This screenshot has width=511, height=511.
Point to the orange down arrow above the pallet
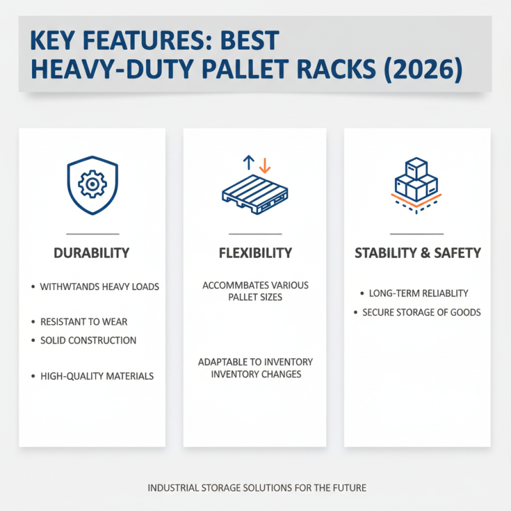(x=265, y=164)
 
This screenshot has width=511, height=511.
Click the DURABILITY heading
(x=92, y=253)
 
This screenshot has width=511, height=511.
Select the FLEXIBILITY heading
(x=255, y=253)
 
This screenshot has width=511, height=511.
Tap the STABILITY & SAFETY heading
(x=417, y=253)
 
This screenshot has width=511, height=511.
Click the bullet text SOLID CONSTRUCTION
(x=88, y=340)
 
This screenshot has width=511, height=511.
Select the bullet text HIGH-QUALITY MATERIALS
(x=97, y=376)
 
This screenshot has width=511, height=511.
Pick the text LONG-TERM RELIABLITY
(x=418, y=293)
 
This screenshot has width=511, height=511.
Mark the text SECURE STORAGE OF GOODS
(x=422, y=312)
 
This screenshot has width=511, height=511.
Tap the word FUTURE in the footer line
(x=349, y=487)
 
